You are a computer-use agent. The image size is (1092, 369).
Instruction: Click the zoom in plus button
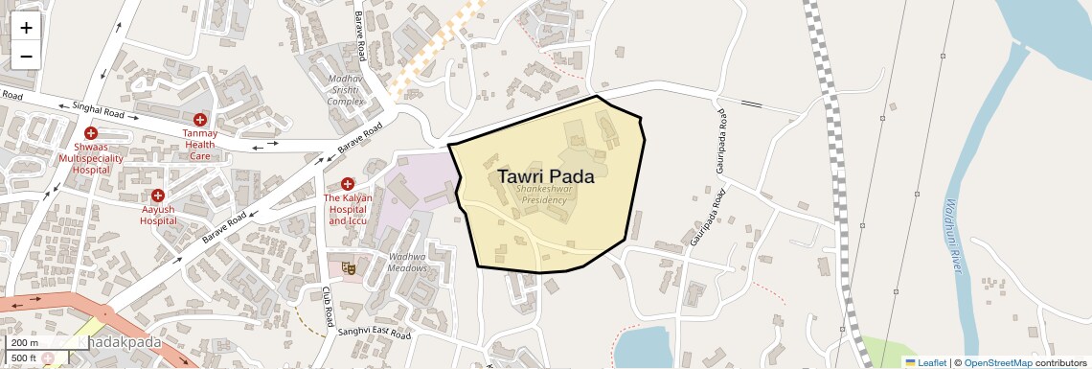tap(26, 28)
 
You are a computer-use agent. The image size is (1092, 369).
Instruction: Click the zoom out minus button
tap(26, 56)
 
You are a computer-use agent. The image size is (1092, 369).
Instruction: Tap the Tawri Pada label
tap(545, 176)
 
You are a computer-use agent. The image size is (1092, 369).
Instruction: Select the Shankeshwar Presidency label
tap(541, 195)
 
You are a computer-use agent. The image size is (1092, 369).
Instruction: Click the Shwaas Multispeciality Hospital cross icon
tap(91, 133)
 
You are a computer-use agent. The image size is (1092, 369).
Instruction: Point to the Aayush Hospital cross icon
tap(158, 196)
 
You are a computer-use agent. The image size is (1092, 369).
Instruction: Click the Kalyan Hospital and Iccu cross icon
tap(348, 183)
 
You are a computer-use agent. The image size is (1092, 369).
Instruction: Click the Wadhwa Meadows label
tap(407, 262)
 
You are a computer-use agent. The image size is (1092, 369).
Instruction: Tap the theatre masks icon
tap(350, 269)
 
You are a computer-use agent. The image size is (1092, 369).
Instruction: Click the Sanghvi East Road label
tap(373, 334)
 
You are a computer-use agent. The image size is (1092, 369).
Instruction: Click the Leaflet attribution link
tap(925, 362)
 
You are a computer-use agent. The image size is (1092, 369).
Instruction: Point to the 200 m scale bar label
tap(25, 343)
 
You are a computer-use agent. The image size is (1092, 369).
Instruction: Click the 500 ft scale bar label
tap(25, 358)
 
